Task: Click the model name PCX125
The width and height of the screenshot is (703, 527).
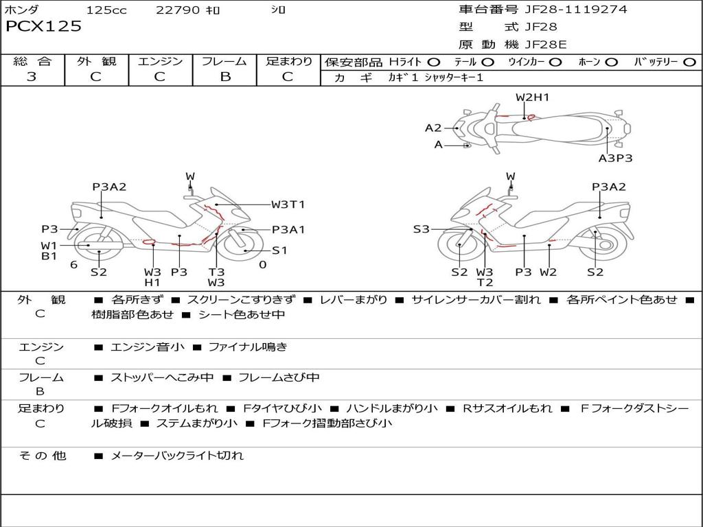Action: [x=43, y=27]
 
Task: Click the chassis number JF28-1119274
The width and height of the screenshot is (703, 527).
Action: [x=566, y=10]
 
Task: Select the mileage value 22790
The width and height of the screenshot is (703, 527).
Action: [x=178, y=10]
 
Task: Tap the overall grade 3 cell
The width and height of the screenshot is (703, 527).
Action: [x=32, y=77]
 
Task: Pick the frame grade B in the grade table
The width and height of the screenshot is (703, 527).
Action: [x=224, y=77]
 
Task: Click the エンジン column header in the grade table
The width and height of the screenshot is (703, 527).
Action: [x=160, y=61]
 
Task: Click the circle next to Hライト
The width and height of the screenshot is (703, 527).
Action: [x=434, y=62]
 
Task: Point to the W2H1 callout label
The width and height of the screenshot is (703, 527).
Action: [x=532, y=97]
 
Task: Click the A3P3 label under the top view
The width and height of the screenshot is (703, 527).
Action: [x=615, y=159]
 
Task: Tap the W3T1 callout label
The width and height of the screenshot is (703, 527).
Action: [x=288, y=204]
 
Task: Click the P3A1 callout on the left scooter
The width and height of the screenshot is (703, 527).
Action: [x=288, y=230]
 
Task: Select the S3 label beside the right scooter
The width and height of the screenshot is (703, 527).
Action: [x=421, y=229]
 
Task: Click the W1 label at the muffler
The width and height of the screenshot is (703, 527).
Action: [x=48, y=245]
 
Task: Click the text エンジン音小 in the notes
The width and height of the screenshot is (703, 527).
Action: [x=148, y=347]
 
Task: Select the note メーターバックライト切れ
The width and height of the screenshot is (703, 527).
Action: [x=176, y=455]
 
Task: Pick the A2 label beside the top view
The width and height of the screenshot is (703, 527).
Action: [x=433, y=128]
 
